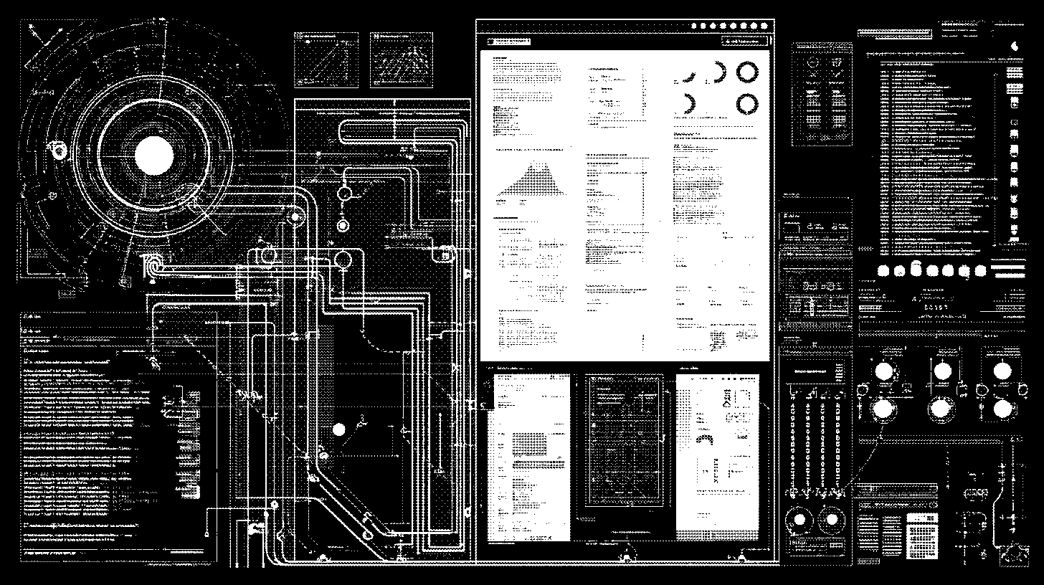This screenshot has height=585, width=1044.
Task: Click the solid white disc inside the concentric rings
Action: pyautogui.click(x=154, y=156)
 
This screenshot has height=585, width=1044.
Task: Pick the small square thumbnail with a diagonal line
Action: pyautogui.click(x=326, y=60)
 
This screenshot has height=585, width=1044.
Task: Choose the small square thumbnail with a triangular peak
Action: pyautogui.click(x=402, y=60)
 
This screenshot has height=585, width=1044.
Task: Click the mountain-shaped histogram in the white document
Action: pyautogui.click(x=531, y=180)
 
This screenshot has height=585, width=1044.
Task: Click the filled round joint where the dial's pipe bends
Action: pyautogui.click(x=293, y=217)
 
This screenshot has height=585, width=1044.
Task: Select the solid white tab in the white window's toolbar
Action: pyautogui.click(x=508, y=42)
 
